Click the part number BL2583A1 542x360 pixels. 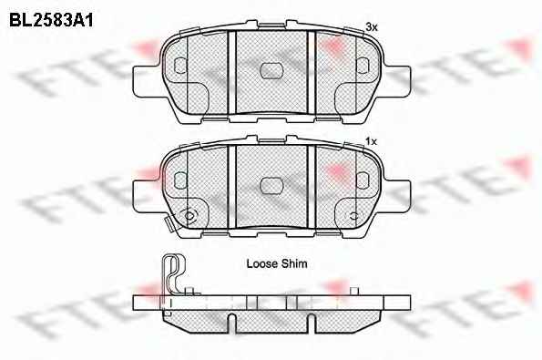[x=51, y=20]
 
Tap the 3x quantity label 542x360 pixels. [x=372, y=27]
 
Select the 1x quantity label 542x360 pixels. [x=372, y=141]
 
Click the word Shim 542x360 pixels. [x=294, y=263]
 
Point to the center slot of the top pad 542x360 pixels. [x=271, y=71]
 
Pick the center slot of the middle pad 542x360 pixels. [x=271, y=186]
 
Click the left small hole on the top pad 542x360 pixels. [x=180, y=66]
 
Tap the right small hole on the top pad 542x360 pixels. [x=363, y=66]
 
